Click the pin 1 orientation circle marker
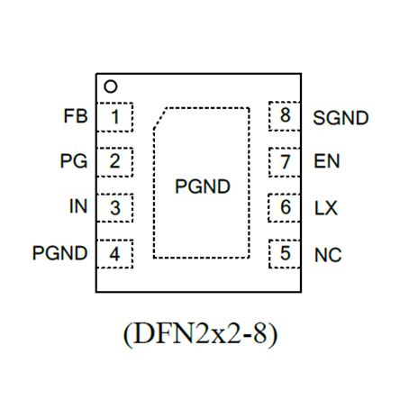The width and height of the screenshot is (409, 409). (x=110, y=86)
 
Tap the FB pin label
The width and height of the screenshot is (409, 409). (x=76, y=116)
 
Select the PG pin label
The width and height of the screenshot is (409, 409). (x=74, y=161)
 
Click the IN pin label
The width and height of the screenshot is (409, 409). (x=78, y=206)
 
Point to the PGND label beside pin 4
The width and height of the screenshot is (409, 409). (x=60, y=253)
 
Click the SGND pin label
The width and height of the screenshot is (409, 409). (x=341, y=118)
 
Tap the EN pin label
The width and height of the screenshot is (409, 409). (x=327, y=161)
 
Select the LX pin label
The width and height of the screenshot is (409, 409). (x=326, y=208)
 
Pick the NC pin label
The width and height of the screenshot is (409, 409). (x=328, y=255)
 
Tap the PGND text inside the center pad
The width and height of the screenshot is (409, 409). (x=203, y=186)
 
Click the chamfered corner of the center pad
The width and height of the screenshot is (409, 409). (x=159, y=118)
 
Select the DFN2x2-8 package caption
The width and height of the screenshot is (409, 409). (x=200, y=334)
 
